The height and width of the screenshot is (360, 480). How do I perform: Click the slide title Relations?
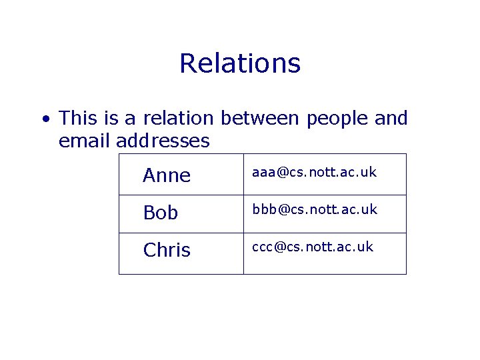[240, 64]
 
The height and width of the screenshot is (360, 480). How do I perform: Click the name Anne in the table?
[167, 175]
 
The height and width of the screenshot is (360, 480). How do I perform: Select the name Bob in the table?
[161, 213]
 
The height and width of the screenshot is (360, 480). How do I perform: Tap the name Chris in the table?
[167, 250]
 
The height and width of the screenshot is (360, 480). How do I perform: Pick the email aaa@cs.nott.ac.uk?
[314, 173]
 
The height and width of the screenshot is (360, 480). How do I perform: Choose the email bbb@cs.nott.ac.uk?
[314, 209]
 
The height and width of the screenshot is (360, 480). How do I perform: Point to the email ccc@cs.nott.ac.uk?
[313, 247]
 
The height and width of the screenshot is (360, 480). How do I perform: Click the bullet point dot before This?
[45, 119]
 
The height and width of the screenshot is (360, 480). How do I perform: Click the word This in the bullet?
[78, 119]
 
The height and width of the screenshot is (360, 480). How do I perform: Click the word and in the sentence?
[391, 119]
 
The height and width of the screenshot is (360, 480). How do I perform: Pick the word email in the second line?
[85, 141]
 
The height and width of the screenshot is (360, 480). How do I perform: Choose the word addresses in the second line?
[163, 141]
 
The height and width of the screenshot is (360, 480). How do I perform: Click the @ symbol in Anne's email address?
[282, 173]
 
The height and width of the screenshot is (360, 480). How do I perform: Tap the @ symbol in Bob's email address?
[283, 209]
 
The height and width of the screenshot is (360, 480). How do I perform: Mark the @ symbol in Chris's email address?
[280, 247]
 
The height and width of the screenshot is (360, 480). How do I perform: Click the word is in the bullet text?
[111, 119]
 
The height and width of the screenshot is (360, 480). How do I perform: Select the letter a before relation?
[131, 119]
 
